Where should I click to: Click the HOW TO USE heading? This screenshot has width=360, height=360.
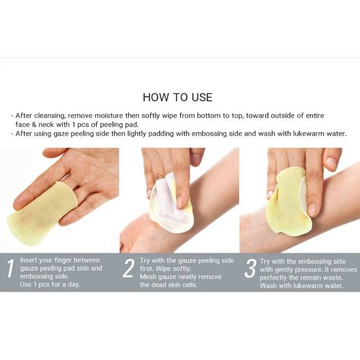(178, 97)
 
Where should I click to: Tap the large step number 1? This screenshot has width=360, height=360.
(10, 268)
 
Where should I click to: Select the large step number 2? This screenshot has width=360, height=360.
(128, 268)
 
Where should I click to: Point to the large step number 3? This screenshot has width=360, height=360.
(250, 268)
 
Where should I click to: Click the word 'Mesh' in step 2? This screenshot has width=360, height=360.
(147, 277)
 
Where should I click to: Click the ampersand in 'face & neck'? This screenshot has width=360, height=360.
(34, 125)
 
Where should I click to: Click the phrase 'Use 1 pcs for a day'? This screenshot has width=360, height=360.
(50, 285)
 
